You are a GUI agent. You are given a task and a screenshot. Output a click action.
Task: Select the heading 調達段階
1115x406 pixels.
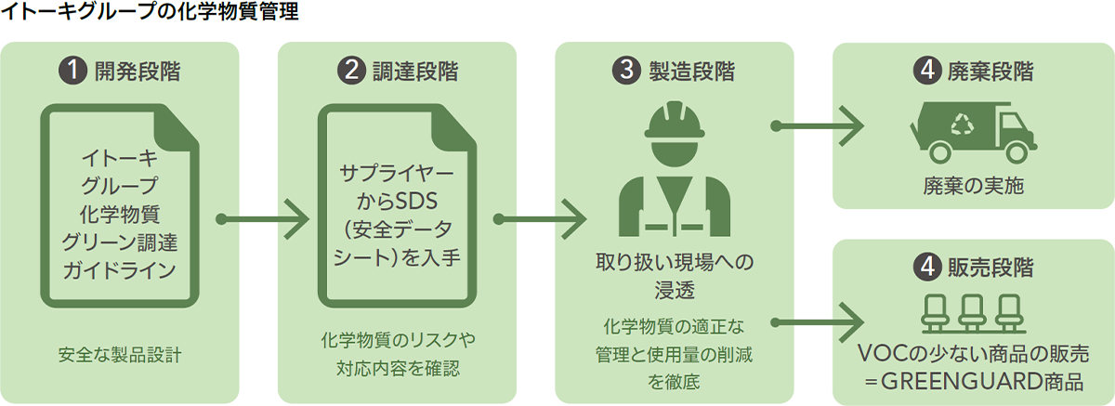coord(412,71)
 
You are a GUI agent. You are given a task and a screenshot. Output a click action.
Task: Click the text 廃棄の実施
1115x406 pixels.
coord(973,184)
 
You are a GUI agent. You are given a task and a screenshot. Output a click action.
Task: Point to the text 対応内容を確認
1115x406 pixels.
coord(398,367)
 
